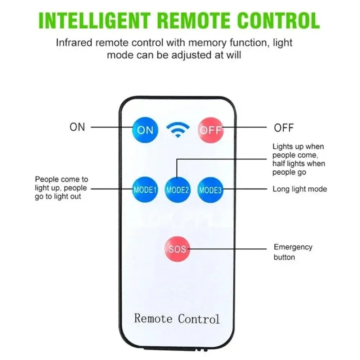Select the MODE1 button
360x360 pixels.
(145, 190)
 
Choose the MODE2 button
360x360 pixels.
(177, 190)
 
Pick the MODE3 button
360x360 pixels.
(210, 190)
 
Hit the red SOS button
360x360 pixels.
(177, 249)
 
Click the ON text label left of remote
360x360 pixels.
(77, 127)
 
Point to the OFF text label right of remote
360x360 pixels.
(284, 127)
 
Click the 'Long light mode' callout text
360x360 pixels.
(300, 189)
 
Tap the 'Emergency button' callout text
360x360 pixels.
(293, 252)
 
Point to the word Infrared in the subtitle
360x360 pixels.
(74, 42)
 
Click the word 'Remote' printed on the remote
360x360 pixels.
(153, 318)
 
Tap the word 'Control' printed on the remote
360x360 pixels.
(198, 318)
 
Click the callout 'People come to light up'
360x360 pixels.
(61, 188)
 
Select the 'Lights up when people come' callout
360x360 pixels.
(298, 159)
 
